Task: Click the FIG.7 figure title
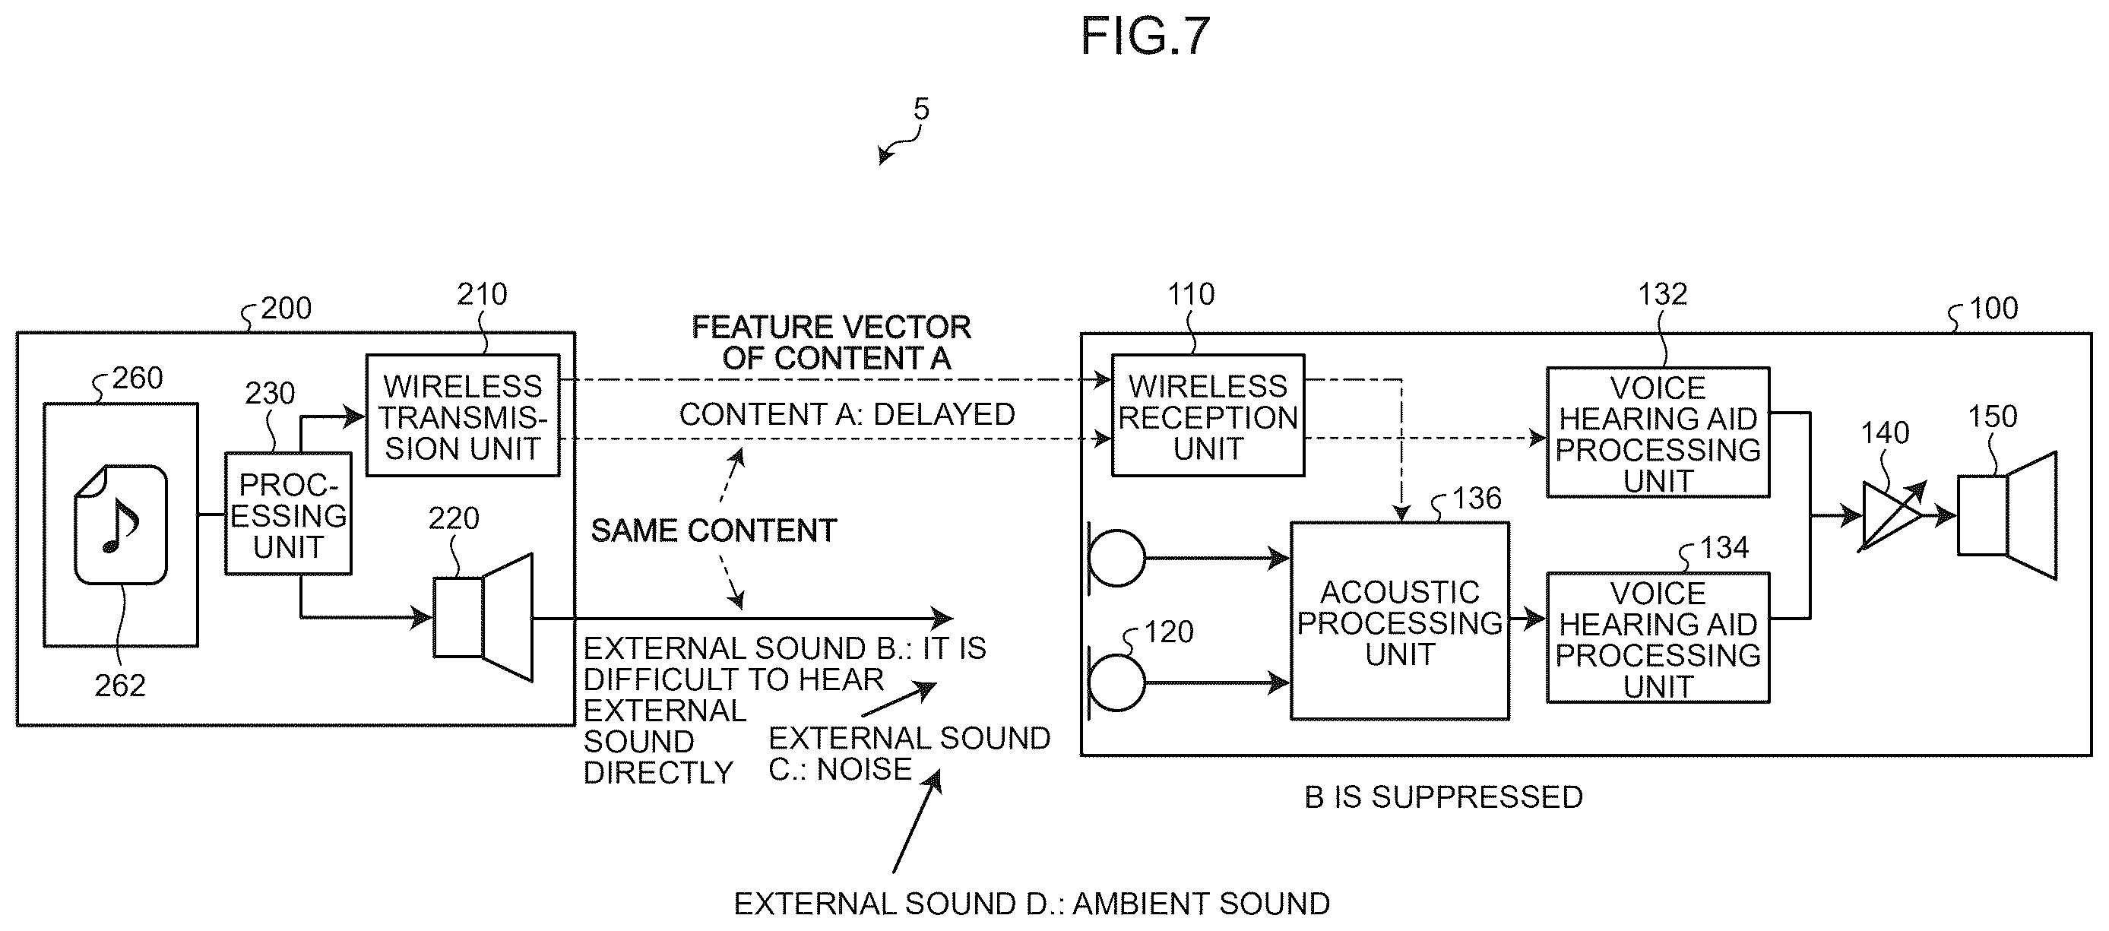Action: pyautogui.click(x=1145, y=36)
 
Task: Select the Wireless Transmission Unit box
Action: pyautogui.click(x=463, y=415)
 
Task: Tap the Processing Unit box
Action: pyautogui.click(x=288, y=514)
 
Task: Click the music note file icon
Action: pyautogui.click(x=120, y=524)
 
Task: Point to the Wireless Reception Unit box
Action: pyautogui.click(x=1208, y=415)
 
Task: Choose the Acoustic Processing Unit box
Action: pyautogui.click(x=1400, y=622)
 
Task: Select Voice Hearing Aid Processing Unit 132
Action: pyautogui.click(x=1658, y=432)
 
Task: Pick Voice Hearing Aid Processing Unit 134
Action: pyautogui.click(x=1658, y=638)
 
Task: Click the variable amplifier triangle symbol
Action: pyautogui.click(x=1891, y=516)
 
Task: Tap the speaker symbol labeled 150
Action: pyautogui.click(x=2006, y=516)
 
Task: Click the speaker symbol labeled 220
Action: pyautogui.click(x=483, y=617)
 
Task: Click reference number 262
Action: pyautogui.click(x=119, y=686)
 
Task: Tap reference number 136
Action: pyautogui.click(x=1476, y=498)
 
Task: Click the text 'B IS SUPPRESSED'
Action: pyautogui.click(x=1443, y=796)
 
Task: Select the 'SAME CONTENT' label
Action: pyautogui.click(x=714, y=530)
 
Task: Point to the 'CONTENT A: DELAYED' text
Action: pyautogui.click(x=847, y=414)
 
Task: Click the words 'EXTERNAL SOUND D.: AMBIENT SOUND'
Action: pyautogui.click(x=1031, y=904)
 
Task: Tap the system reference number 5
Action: pyautogui.click(x=921, y=109)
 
